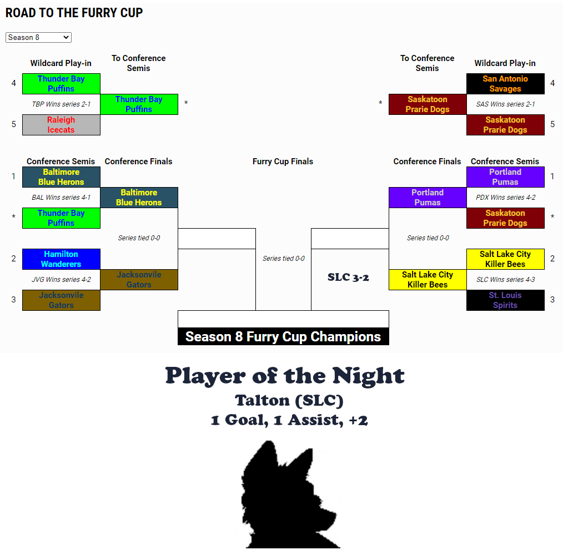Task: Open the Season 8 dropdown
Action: pos(38,37)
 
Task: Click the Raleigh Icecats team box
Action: pos(62,125)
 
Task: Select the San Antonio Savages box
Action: pos(506,84)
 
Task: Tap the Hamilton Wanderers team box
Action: pos(62,259)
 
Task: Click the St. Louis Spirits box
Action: pos(506,300)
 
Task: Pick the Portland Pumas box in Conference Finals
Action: pos(428,198)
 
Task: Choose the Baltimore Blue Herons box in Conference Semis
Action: pos(62,177)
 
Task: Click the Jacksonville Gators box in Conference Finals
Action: pos(139,280)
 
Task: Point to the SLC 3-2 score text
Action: pos(348,277)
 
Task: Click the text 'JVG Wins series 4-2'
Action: pos(62,280)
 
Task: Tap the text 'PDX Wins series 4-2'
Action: pos(506,198)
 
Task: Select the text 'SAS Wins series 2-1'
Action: pos(506,104)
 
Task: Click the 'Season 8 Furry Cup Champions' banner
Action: pos(283,337)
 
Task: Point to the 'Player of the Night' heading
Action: pos(285,376)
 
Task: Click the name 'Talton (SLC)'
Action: pos(289,400)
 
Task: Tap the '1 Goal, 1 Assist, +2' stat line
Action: pos(289,420)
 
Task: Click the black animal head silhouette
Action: pos(289,495)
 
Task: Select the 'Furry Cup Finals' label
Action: pos(283,162)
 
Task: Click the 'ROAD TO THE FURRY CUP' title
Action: pos(74,13)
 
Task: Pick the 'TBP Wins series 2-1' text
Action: pos(62,104)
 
